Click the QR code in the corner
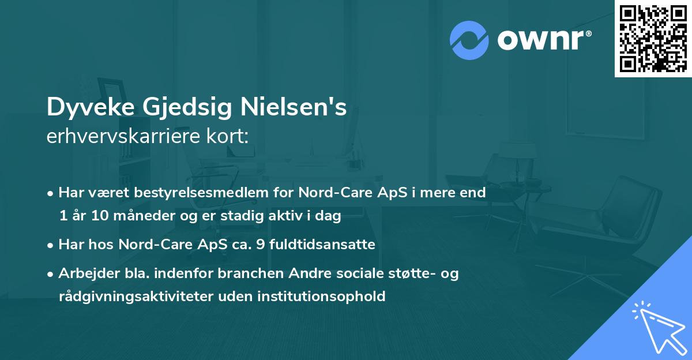click(653, 38)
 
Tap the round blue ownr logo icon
click(469, 40)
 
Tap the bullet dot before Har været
click(51, 193)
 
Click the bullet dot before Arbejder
click(51, 274)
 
